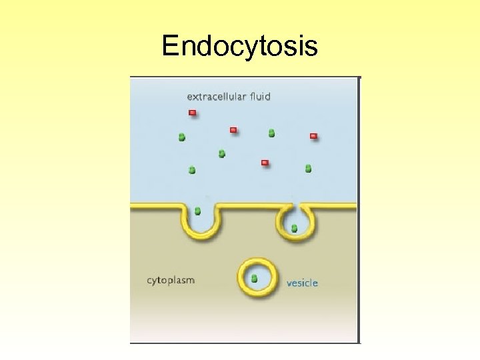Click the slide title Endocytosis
tap(240, 47)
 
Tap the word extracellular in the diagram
tap(217, 97)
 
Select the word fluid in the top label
tap(260, 97)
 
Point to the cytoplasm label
tap(171, 280)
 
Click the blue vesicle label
tap(302, 283)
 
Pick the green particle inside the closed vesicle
tap(255, 278)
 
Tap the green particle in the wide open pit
tap(197, 211)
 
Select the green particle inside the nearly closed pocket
tap(294, 228)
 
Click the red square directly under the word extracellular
tap(192, 113)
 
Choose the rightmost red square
tap(313, 136)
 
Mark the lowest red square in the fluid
tap(265, 162)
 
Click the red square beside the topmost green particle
tap(233, 129)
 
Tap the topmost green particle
tap(271, 133)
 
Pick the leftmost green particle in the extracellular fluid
tap(181, 137)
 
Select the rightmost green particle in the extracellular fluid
tap(308, 169)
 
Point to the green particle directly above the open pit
tap(192, 170)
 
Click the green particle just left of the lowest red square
tap(222, 154)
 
